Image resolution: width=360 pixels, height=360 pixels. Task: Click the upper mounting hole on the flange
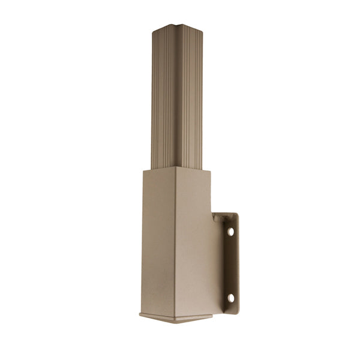(230, 230)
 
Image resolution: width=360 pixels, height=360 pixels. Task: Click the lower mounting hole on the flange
(230, 296)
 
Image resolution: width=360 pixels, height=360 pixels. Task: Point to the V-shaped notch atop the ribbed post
(175, 27)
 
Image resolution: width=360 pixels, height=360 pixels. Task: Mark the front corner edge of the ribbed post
(175, 96)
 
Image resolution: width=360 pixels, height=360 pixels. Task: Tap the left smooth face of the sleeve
(157, 240)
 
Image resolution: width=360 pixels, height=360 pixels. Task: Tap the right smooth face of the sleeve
(192, 240)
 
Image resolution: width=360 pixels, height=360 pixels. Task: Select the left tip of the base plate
(139, 314)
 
